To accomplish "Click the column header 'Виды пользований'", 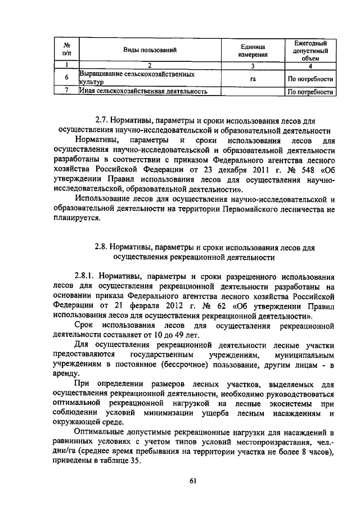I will (150, 51).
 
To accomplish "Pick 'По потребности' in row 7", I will (310, 92).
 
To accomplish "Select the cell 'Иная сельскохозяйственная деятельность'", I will (143, 91).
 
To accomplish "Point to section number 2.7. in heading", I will (101, 120).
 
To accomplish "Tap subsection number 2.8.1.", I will (86, 276).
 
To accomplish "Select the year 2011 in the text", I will (263, 170).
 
